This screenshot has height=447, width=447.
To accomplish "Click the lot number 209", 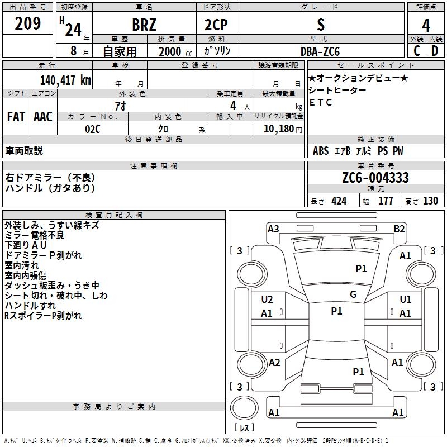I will pos(27,24).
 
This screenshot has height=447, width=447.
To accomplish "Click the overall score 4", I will pos(426,25).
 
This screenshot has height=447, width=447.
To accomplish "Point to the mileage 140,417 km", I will pos(65,80).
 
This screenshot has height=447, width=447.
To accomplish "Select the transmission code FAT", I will pos(16,117).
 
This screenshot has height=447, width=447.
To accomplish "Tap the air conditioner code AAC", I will pos(43,117).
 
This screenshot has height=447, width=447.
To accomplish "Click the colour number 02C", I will pos(93,129).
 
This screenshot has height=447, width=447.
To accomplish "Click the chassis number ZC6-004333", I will pos(375,178).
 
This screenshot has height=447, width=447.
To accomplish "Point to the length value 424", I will pos(339,201).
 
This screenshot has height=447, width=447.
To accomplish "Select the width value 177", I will pos(386,201).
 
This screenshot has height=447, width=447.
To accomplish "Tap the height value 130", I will pos(430,201).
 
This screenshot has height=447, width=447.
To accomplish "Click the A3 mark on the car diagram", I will pos(273,229).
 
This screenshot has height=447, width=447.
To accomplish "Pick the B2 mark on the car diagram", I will pos(399,229).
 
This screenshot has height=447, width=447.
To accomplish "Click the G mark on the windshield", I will pos(353,294).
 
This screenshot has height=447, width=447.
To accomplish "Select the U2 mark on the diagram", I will pos(267,299).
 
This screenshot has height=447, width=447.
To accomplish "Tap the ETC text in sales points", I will pos(321,102).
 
